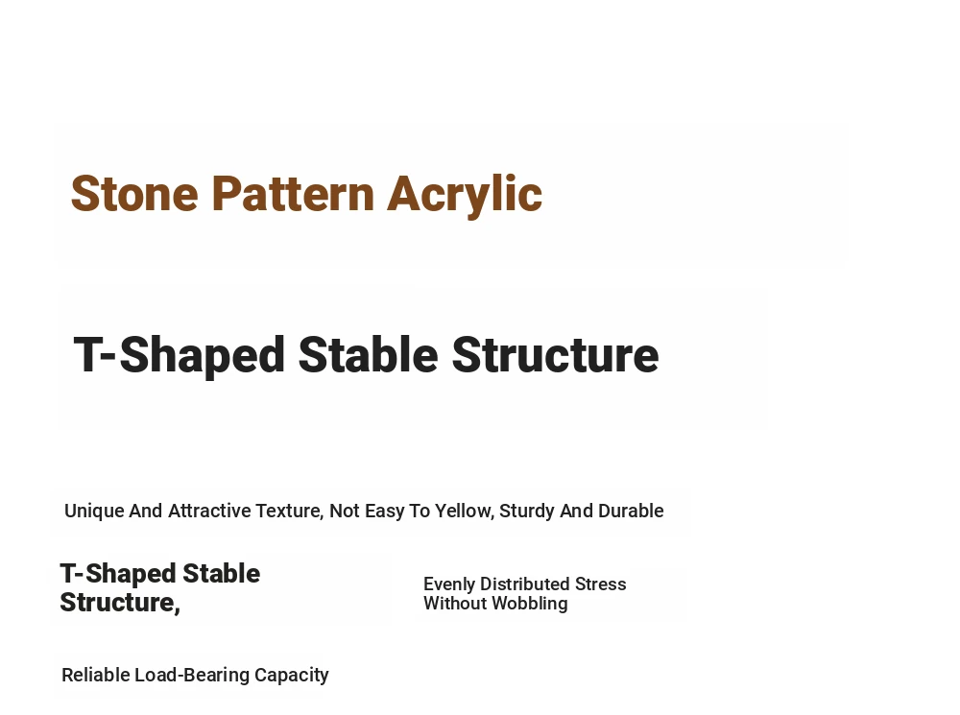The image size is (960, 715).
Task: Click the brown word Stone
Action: [134, 194]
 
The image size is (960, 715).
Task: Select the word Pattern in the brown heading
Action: [293, 194]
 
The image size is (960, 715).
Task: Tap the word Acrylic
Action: [465, 195]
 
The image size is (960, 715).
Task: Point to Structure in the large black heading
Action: [555, 354]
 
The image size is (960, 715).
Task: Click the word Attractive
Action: [209, 511]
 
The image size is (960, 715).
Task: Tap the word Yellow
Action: [465, 511]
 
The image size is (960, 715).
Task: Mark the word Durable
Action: [631, 511]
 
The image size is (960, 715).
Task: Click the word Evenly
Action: [449, 584]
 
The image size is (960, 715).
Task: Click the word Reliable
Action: [95, 676]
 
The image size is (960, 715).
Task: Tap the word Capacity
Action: [292, 676]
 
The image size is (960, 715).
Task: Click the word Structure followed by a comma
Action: [120, 603]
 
